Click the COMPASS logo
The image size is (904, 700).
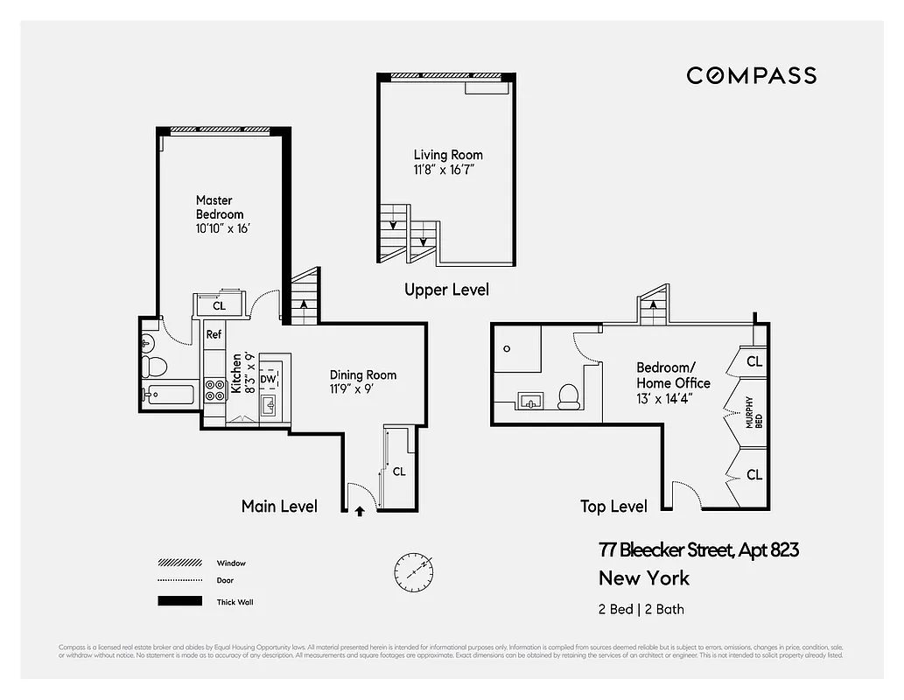point(751,75)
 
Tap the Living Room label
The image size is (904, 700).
point(448,155)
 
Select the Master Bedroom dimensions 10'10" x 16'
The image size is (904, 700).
point(224,228)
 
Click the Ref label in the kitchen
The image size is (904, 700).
point(214,334)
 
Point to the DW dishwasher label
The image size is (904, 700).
point(268,367)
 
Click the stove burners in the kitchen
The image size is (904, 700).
point(214,390)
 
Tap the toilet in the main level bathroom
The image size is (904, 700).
point(155,364)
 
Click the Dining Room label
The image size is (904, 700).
point(363,375)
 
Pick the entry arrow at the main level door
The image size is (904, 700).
point(360,511)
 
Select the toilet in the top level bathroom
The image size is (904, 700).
point(568,396)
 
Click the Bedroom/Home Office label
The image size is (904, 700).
point(673,375)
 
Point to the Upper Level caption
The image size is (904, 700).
point(446,290)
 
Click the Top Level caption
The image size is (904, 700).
point(613,507)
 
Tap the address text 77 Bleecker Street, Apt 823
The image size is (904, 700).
point(698,550)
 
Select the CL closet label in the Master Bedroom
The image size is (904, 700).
point(219,305)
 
